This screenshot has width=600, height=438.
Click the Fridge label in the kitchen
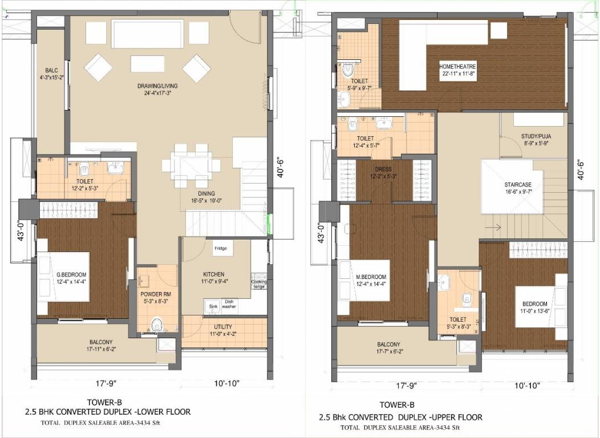(x=221, y=249)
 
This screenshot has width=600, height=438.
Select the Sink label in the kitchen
(x=213, y=306)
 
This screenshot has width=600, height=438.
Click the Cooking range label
(x=258, y=283)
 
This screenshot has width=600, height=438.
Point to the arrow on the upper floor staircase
(x=494, y=228)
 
